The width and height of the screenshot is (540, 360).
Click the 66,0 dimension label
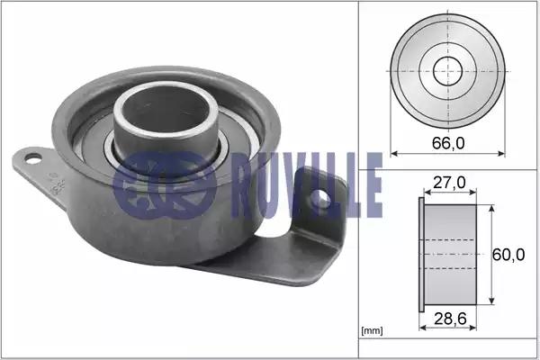click(448, 143)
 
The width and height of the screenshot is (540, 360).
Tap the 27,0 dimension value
click(449, 183)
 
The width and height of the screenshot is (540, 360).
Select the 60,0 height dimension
click(508, 255)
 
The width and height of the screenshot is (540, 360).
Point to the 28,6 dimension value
click(450, 319)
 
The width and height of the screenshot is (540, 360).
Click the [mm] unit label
click(372, 331)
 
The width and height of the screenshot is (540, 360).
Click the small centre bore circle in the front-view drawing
click(447, 71)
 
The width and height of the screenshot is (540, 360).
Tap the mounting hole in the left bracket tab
click(33, 158)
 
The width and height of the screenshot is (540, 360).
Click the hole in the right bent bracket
click(320, 199)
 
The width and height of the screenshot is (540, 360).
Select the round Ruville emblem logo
click(165, 184)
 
